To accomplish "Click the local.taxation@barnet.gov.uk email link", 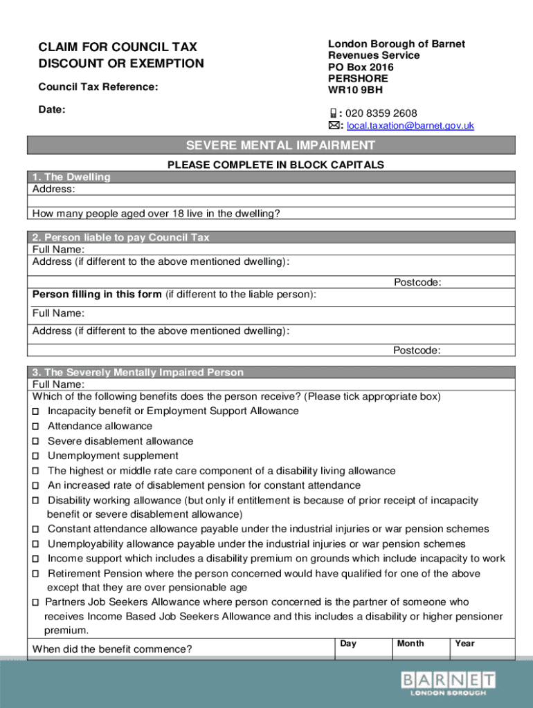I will [x=410, y=126].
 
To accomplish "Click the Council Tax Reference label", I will [x=98, y=87].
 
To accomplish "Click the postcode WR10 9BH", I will [x=354, y=90].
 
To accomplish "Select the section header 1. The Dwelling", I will [x=71, y=177].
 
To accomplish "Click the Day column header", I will [x=348, y=644].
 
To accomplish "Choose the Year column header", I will [x=464, y=644].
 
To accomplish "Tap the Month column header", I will [x=410, y=644].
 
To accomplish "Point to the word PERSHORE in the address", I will [x=358, y=79].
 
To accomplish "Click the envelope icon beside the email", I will [x=334, y=126].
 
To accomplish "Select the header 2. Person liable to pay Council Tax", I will [x=121, y=237].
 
